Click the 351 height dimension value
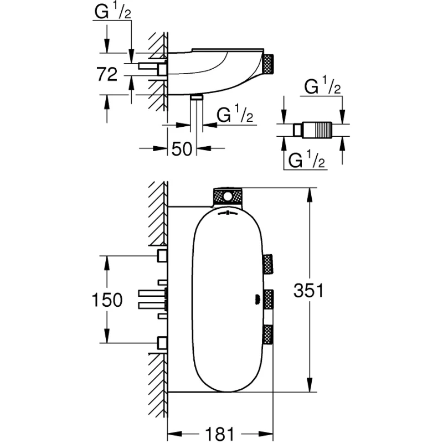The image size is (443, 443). [x=308, y=290]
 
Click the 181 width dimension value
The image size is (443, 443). [x=220, y=434]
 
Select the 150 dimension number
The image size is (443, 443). [x=107, y=300]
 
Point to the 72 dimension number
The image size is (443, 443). [x=107, y=74]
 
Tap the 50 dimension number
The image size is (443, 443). [x=182, y=149]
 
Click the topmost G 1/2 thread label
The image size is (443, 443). [x=113, y=12]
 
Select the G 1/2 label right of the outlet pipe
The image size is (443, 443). [x=235, y=115]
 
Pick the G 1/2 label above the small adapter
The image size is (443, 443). [x=322, y=86]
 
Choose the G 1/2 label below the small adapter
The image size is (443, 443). [x=307, y=159]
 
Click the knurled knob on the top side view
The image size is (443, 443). [x=269, y=64]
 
